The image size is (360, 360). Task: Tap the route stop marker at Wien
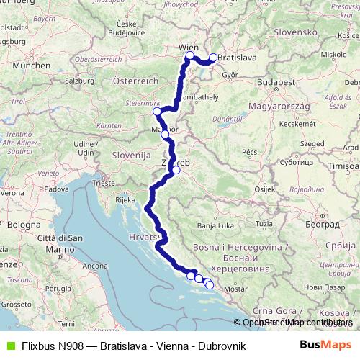point(190,56)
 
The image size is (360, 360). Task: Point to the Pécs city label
point(250,153)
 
